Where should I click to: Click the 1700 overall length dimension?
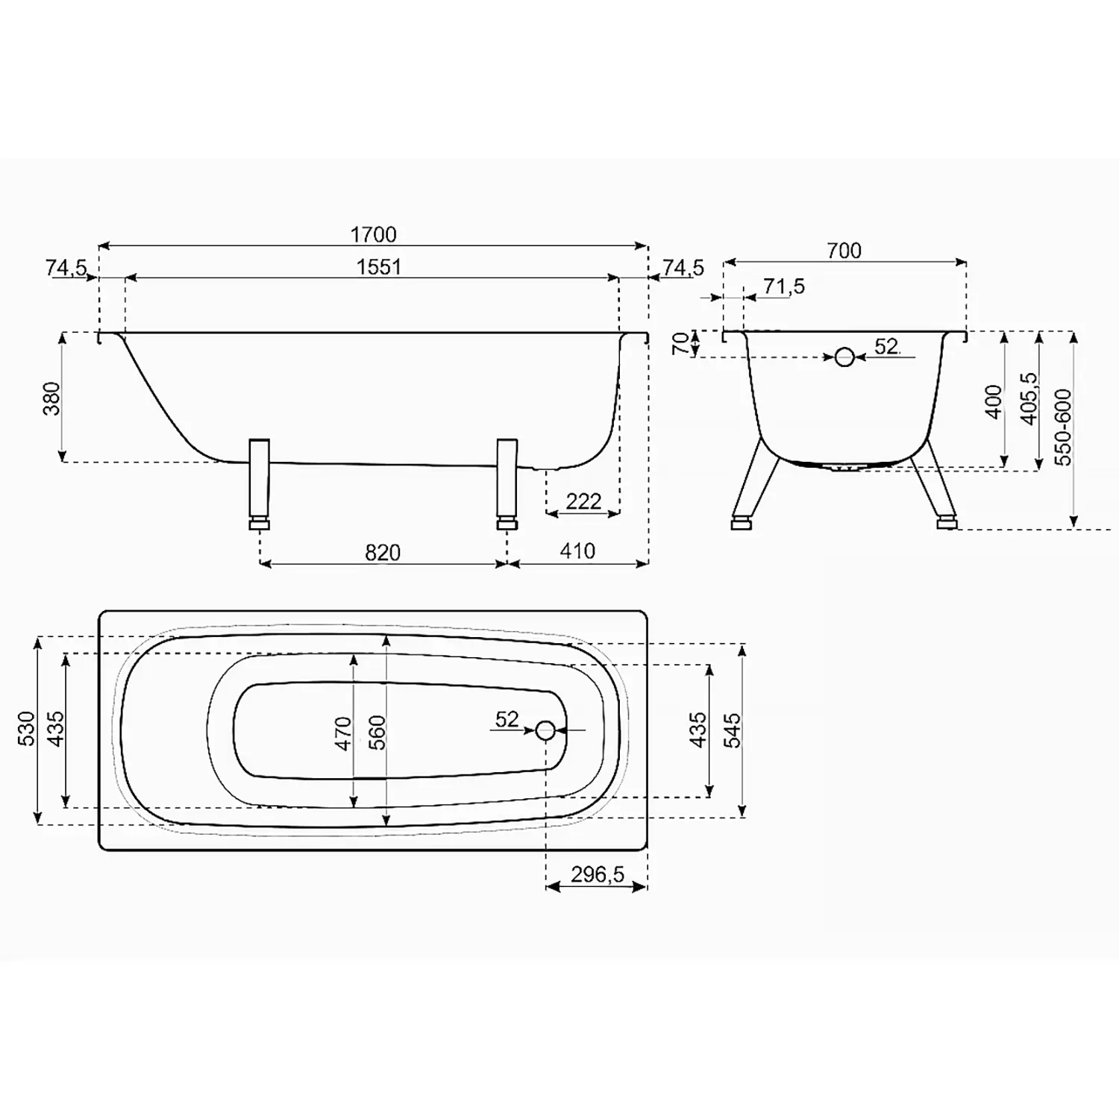click(374, 234)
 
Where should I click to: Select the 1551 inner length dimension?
click(379, 267)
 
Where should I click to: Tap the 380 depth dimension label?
click(51, 398)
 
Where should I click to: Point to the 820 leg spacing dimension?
click(383, 552)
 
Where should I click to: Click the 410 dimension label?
click(577, 551)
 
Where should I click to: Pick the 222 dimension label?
click(583, 501)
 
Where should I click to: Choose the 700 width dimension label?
click(844, 251)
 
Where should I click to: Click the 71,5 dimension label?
click(784, 286)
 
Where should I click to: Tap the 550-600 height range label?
click(1062, 427)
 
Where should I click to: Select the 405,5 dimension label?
click(1029, 399)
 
